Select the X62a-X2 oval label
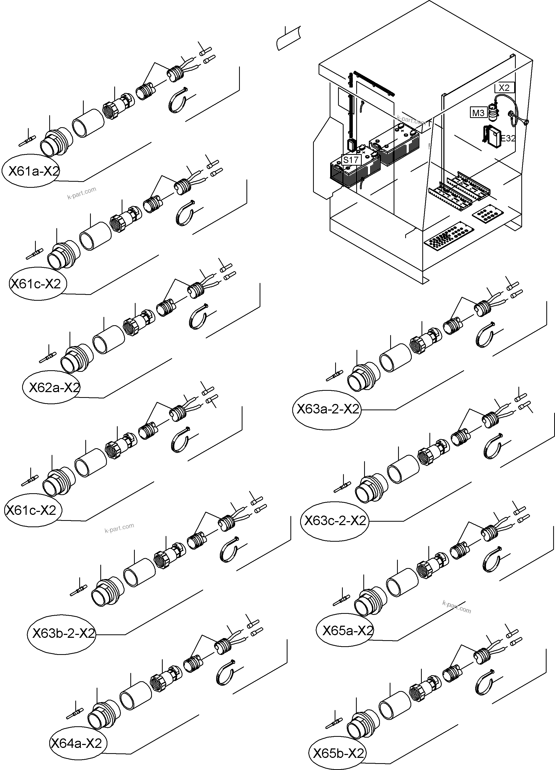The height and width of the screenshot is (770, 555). (52, 387)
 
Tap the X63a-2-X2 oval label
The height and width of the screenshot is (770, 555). (326, 409)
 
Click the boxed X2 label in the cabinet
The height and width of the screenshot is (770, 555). (504, 88)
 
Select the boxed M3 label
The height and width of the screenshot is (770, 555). (478, 112)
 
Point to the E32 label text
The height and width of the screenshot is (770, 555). (508, 139)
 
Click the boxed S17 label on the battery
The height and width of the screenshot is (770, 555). (351, 160)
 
